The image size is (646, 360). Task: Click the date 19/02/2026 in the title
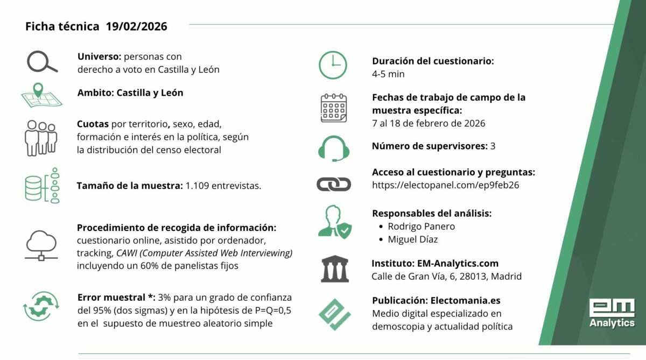pos(137,26)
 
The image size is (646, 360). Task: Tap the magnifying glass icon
pos(41,62)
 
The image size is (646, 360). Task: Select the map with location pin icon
pos(41,96)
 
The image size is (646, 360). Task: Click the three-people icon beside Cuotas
pos(40,137)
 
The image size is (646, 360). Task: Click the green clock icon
pos(333,66)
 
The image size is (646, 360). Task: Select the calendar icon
pos(334,108)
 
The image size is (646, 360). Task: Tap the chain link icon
pos(334,185)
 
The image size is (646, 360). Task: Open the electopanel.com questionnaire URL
pos(438,186)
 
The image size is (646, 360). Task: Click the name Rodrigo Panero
pos(421,227)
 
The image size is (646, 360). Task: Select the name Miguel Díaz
pos(413,239)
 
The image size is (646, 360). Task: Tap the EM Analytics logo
pos(612,313)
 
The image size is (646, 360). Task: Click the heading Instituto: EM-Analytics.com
pos(435,264)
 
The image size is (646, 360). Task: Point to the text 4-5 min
pos(388,74)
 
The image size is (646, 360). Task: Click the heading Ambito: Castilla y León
pos(130,93)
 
